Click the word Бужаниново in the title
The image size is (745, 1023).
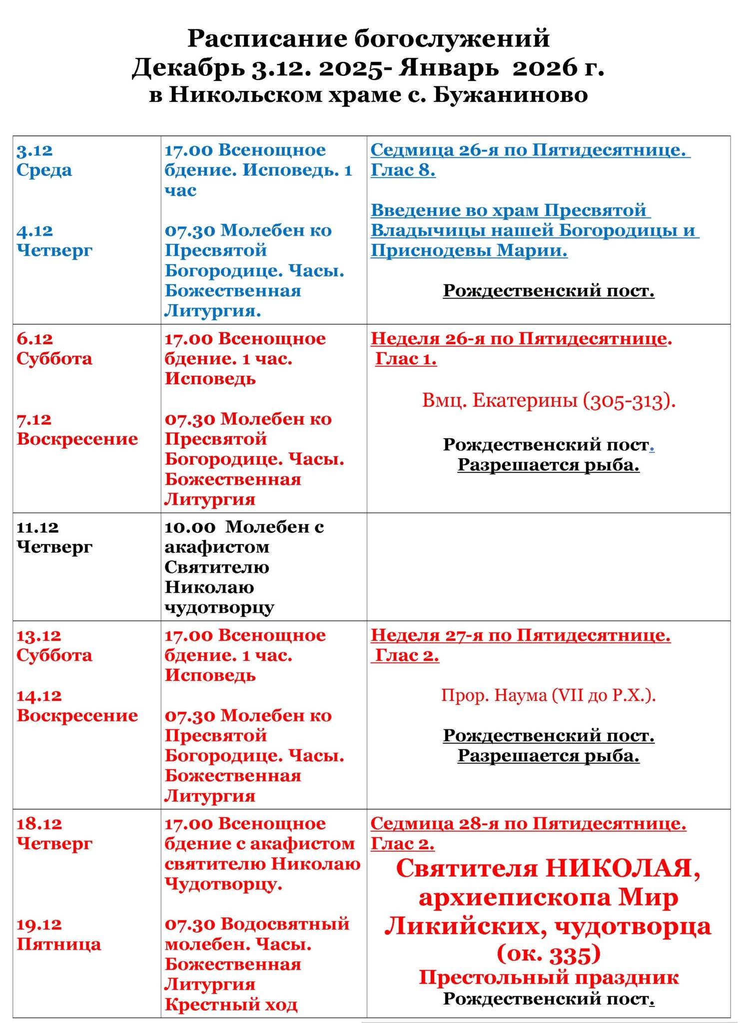[x=510, y=95]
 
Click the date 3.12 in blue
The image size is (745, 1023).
[x=34, y=150]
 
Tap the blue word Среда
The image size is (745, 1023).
[x=44, y=170]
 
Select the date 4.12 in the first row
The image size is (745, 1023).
[x=34, y=231]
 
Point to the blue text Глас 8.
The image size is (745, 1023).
[x=403, y=170]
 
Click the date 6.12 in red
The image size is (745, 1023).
[x=34, y=339]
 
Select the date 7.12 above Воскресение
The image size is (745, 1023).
[x=34, y=420]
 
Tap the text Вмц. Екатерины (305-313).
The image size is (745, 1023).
[x=548, y=401]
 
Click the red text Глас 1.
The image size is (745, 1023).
[x=406, y=359]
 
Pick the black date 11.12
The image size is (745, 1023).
[x=37, y=527]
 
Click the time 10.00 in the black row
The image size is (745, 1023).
[x=190, y=527]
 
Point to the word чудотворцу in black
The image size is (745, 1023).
[x=219, y=608]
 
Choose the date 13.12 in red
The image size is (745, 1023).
[x=38, y=636]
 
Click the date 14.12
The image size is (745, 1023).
[x=39, y=696]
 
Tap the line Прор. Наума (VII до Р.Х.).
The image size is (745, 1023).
[x=548, y=695]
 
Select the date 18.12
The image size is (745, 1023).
[x=39, y=824]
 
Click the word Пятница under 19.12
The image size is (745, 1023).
[x=58, y=945]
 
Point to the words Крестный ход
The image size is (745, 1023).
[x=231, y=1004]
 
